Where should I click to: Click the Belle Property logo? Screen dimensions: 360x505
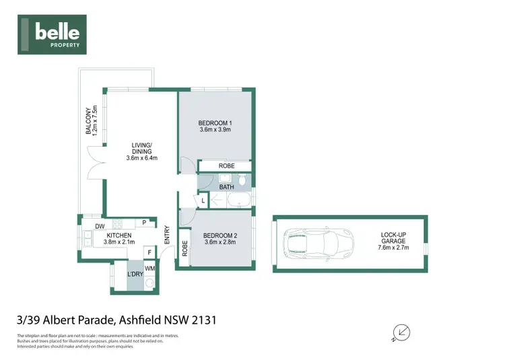pos(58,34)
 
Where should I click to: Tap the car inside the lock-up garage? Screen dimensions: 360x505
pos(320,244)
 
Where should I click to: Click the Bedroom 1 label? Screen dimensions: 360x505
pos(215,122)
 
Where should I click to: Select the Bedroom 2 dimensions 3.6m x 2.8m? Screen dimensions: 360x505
pos(220,243)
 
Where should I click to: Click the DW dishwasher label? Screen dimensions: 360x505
pos(99,226)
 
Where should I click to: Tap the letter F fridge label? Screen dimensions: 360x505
pos(149,253)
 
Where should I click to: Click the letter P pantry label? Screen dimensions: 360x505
pos(143,223)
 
